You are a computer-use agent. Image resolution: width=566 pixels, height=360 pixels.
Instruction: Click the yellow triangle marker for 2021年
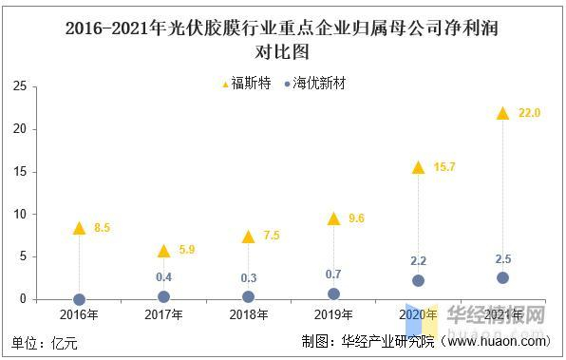(x=502, y=113)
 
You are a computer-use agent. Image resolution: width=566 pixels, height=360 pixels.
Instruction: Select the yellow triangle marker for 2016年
(x=79, y=228)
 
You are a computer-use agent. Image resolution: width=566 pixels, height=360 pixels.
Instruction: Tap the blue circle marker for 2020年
(x=418, y=280)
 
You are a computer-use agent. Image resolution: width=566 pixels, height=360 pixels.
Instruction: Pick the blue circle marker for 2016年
(x=79, y=299)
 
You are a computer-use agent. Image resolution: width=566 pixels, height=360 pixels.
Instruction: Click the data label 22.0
(x=529, y=113)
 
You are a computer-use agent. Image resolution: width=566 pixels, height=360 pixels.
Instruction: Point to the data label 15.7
(x=444, y=167)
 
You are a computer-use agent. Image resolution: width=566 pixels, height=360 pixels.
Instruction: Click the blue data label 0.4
(x=163, y=277)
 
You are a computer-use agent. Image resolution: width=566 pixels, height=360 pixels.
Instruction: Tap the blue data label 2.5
(x=502, y=258)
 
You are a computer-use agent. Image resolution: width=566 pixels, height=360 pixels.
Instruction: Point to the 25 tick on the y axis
(x=18, y=86)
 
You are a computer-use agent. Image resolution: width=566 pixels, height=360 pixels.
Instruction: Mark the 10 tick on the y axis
(x=18, y=214)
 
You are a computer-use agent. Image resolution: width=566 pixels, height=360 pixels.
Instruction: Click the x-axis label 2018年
(x=248, y=314)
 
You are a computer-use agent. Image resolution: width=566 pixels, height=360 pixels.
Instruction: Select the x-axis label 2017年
(x=163, y=314)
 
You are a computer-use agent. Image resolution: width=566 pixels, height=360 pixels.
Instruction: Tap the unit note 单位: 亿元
(x=45, y=341)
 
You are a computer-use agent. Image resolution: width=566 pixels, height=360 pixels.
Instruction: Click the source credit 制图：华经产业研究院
(x=391, y=341)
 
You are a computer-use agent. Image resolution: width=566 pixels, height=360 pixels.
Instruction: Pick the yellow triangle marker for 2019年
(x=333, y=218)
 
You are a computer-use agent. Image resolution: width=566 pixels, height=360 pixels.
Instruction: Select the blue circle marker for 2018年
(x=248, y=296)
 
